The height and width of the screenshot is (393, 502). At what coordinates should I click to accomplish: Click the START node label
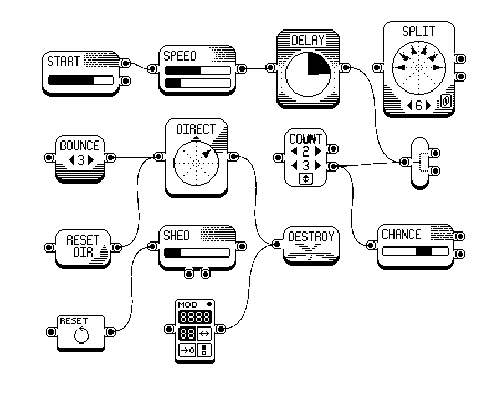click(x=64, y=61)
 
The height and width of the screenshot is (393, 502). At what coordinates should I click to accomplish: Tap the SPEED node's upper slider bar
click(x=197, y=70)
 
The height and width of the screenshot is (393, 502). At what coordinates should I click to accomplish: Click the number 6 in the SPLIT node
click(x=419, y=104)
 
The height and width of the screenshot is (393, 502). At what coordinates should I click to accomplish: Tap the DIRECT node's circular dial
click(x=196, y=161)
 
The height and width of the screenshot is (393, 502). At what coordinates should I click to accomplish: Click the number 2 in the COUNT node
click(x=306, y=151)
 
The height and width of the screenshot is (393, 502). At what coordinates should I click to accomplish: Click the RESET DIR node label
click(x=82, y=245)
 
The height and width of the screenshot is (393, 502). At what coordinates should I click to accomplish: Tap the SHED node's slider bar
click(x=197, y=253)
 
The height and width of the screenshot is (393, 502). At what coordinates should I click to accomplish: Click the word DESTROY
click(x=311, y=237)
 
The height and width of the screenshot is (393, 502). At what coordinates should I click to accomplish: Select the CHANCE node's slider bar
click(x=415, y=251)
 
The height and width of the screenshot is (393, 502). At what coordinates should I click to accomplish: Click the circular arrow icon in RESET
click(x=81, y=335)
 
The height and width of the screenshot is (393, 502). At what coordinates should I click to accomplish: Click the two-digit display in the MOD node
click(x=187, y=334)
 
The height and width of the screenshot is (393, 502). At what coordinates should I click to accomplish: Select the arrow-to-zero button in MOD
click(x=187, y=350)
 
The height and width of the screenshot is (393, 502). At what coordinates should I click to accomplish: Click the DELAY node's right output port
click(x=345, y=68)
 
